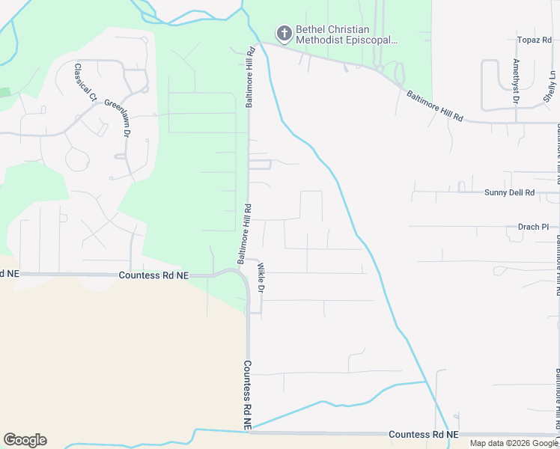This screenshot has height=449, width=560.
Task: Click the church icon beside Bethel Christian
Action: coord(284,33)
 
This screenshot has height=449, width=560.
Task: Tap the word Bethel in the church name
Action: coord(310,29)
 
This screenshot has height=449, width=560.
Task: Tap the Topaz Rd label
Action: coord(534,40)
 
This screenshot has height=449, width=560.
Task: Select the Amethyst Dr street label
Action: coord(516,80)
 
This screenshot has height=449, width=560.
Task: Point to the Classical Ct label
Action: coord(85,82)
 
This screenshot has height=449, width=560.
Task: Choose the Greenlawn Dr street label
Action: coord(118,118)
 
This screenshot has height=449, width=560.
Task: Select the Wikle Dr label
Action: coord(261,277)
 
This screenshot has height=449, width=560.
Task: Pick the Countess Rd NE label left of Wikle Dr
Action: coord(153,275)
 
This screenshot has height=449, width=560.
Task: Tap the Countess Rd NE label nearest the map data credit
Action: coord(424,434)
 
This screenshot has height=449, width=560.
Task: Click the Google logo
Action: coord(25,440)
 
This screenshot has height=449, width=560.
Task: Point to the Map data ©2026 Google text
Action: coord(514,443)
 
